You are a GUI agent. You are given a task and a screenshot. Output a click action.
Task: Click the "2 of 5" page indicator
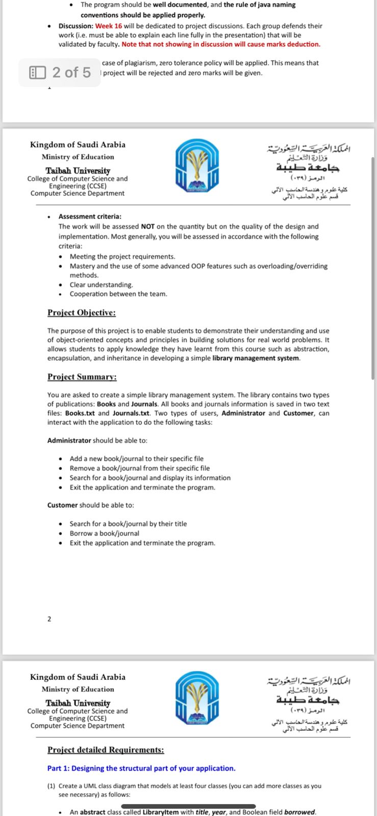(71, 72)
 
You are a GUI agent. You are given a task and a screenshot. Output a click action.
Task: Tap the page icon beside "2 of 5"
(37, 72)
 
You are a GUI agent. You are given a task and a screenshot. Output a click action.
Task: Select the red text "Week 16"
(108, 26)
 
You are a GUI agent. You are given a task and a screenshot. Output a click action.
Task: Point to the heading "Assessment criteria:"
(90, 217)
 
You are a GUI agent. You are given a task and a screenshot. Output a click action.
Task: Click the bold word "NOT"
(148, 226)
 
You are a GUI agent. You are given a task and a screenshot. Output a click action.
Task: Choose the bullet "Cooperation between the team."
(118, 294)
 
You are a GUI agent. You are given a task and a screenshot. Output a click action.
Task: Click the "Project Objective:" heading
(82, 313)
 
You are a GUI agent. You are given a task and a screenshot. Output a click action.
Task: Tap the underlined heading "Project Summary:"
(82, 377)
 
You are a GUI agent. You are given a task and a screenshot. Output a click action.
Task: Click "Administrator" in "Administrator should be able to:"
(69, 440)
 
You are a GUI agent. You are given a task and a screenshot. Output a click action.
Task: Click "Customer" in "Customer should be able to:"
(62, 505)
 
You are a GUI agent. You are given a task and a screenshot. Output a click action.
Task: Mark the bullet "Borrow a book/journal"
(105, 533)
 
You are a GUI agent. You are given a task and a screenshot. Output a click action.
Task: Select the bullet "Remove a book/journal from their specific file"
(140, 468)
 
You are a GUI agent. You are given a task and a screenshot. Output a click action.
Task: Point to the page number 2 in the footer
(49, 619)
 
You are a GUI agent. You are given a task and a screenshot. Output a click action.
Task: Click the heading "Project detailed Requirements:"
(106, 750)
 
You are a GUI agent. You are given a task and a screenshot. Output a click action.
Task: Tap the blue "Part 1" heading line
(141, 769)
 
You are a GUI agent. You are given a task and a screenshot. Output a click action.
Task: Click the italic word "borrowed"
(299, 812)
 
